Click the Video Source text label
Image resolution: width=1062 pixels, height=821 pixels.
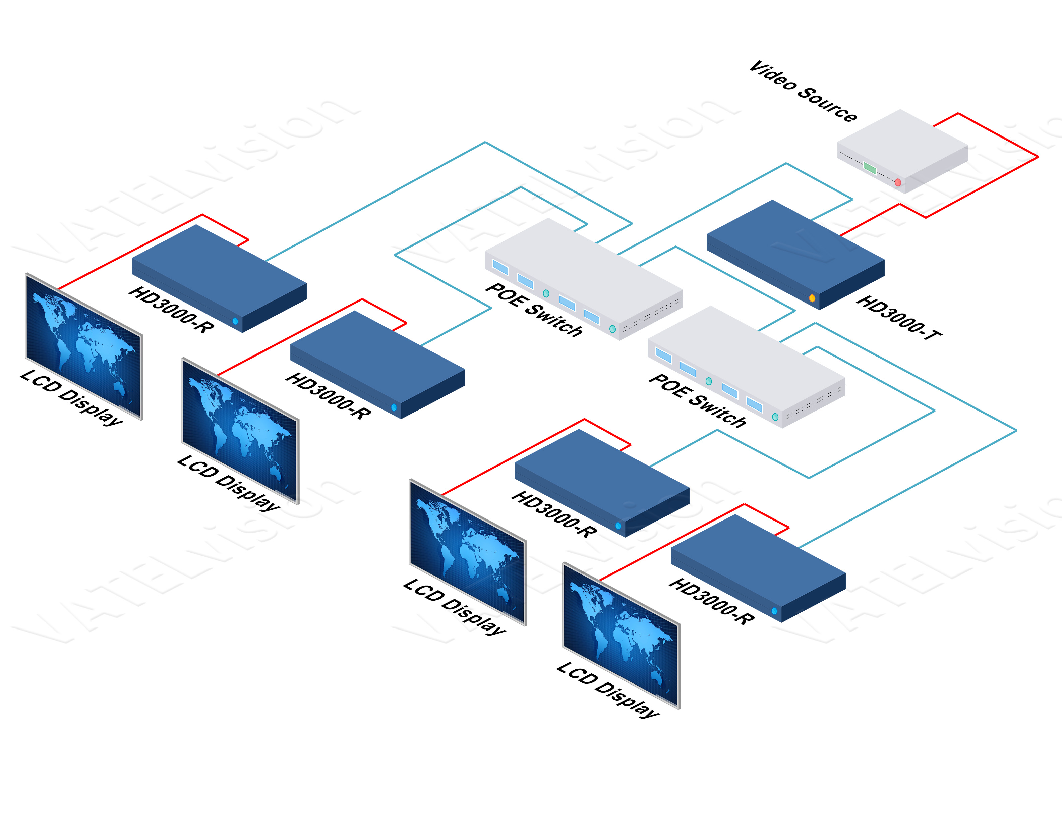pyautogui.click(x=803, y=92)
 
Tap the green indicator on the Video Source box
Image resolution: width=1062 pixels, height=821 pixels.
pyautogui.click(x=870, y=169)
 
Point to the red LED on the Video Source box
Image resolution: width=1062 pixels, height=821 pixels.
pyautogui.click(x=898, y=182)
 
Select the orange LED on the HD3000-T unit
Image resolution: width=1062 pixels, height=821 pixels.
pyautogui.click(x=812, y=298)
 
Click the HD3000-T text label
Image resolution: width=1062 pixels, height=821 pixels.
pyautogui.click(x=899, y=317)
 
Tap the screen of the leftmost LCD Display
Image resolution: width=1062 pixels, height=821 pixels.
pyautogui.click(x=83, y=345)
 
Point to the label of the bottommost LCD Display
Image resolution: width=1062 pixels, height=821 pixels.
pyautogui.click(x=608, y=690)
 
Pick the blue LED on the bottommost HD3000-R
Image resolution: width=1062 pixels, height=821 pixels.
pyautogui.click(x=774, y=611)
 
